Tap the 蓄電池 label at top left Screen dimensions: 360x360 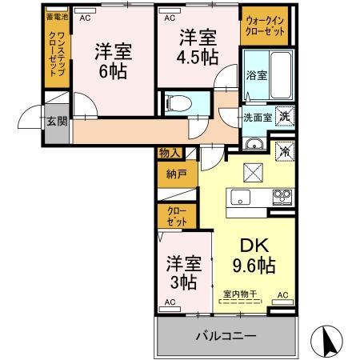57,17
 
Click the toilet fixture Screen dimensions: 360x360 178,102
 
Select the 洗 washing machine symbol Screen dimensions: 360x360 284,115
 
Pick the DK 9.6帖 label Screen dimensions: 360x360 250,255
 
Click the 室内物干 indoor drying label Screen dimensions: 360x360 240,294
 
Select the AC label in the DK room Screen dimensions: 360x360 281,295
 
